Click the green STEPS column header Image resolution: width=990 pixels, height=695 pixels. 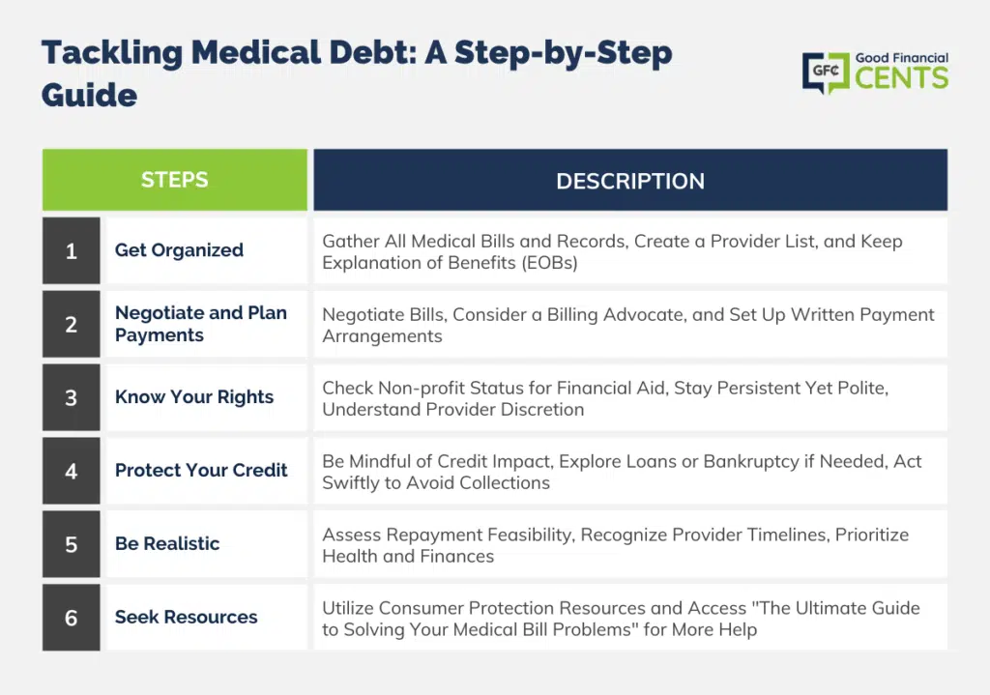[x=175, y=180]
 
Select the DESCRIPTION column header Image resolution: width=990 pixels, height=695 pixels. [x=630, y=180]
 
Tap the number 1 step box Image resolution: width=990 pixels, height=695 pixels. [x=72, y=250]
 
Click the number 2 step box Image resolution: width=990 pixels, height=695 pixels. [x=72, y=324]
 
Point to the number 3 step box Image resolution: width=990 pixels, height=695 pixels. [x=72, y=397]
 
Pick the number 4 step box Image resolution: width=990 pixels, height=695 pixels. [x=72, y=471]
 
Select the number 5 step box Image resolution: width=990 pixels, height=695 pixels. [x=72, y=544]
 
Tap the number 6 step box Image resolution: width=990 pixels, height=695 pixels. [x=72, y=618]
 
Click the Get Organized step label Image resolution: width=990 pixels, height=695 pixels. [x=179, y=250]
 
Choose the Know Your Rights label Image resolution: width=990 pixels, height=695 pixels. [x=193, y=397]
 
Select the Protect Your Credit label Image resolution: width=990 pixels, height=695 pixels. [x=201, y=471]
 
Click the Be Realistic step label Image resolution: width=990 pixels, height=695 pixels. [x=167, y=543]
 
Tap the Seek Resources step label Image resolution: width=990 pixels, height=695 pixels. [x=187, y=617]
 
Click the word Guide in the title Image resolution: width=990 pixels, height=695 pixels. [x=89, y=96]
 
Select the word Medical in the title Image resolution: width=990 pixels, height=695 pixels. [x=256, y=52]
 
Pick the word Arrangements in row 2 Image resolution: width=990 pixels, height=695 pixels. [x=382, y=336]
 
